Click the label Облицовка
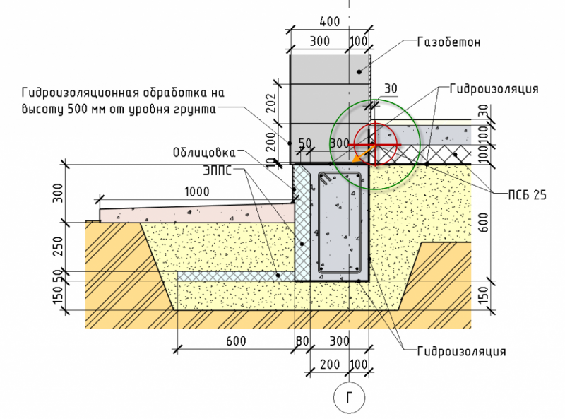point(203,152)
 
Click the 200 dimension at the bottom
point(326,365)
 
